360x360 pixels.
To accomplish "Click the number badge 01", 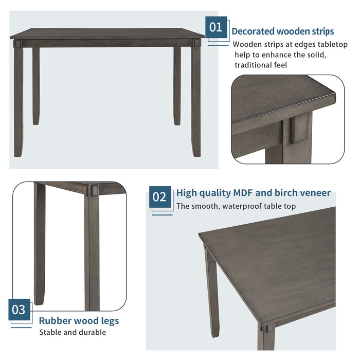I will point(216,27).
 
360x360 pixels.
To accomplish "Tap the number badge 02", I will point(160,197).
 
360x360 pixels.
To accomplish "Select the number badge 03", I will point(19,310).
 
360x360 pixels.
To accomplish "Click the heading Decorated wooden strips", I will point(282,31).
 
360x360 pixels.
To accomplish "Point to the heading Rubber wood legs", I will point(79,321).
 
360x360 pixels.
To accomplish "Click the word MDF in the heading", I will point(243,193).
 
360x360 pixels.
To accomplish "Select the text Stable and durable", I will point(73,332).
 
